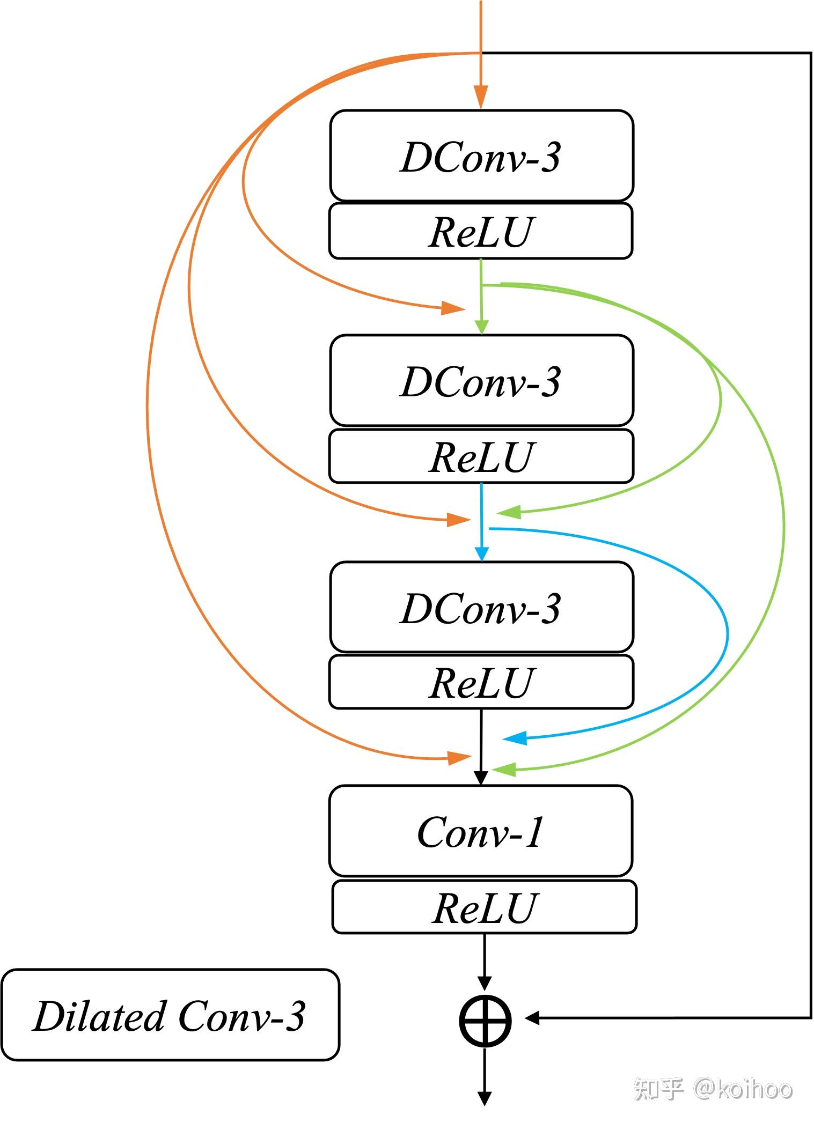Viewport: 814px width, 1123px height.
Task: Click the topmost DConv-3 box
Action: point(481,156)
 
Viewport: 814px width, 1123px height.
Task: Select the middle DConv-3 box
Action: point(481,381)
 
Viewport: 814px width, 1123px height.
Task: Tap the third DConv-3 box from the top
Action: point(481,608)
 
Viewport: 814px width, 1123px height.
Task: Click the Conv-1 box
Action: point(481,831)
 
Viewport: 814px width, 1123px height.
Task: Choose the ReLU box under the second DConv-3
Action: point(481,456)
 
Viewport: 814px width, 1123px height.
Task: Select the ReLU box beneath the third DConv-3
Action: point(481,682)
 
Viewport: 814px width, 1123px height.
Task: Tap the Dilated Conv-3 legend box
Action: point(170,1015)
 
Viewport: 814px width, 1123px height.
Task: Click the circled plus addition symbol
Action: point(485,1020)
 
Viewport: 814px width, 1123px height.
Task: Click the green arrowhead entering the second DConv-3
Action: point(482,326)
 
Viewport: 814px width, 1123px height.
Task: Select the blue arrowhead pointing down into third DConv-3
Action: point(482,553)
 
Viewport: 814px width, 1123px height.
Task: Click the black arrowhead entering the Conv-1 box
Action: point(481,777)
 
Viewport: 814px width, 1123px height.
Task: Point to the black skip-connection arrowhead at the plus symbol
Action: point(533,1017)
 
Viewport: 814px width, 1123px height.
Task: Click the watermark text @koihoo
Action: point(743,1089)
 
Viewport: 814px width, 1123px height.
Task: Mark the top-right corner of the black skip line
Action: point(810,53)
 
